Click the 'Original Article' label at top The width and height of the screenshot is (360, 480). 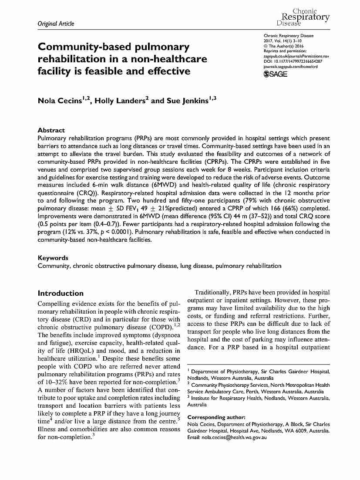(56, 24)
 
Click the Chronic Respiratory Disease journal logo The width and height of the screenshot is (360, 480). (303, 17)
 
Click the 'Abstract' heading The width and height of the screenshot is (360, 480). (51, 130)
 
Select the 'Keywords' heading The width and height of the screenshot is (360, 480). (53, 258)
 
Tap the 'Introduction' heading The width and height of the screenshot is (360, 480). (61, 293)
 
